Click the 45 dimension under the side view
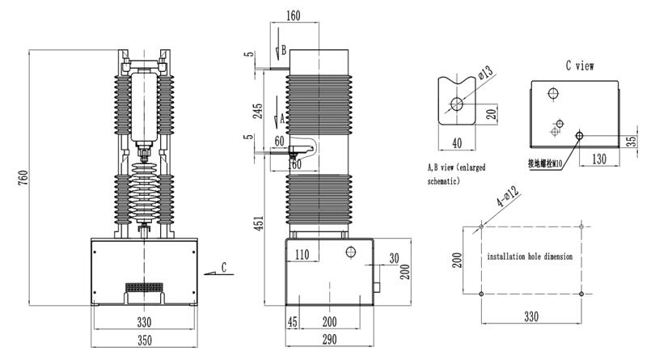click(x=294, y=321)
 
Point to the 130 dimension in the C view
click(x=598, y=158)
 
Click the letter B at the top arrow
click(x=282, y=50)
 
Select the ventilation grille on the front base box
click(x=144, y=288)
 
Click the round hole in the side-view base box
click(x=351, y=252)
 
